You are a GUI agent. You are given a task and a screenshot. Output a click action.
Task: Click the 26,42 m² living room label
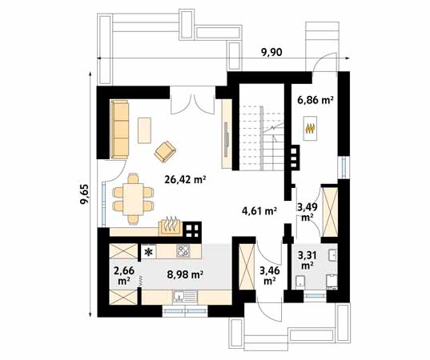pos(186,180)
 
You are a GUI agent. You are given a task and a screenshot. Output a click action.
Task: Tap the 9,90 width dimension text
pos(271,52)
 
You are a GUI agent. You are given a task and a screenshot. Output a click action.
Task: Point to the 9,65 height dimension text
pos(85,194)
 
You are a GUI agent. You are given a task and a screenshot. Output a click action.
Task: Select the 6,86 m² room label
pos(315,100)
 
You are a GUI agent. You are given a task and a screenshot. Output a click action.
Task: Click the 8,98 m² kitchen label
pos(185,274)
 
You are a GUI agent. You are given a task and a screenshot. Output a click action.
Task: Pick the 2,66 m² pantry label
pos(124,275)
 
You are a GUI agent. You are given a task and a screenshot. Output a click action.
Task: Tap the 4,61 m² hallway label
pos(259,211)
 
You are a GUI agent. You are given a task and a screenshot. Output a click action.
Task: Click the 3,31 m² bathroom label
pos(307,260)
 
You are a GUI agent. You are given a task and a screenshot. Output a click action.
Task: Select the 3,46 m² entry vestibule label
pos(270,276)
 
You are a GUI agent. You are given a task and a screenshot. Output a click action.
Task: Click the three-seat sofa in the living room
pos(119,130)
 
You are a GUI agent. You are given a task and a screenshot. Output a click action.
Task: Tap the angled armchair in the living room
pos(165,151)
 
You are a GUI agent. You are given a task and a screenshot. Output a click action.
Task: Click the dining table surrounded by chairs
pos(133,199)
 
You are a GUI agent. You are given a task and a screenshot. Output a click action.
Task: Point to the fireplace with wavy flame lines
pos(171,226)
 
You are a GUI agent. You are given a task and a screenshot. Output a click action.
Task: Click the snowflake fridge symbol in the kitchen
pos(149,251)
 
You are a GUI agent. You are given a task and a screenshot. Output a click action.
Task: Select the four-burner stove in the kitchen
pos(183,250)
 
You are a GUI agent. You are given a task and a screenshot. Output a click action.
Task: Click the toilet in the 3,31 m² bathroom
pos(300,282)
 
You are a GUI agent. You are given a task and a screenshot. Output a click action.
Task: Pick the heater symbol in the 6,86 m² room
pos(310,129)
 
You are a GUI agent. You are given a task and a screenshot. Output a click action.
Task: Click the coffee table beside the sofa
pos(144,130)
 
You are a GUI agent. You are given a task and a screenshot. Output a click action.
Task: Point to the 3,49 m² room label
pos(307,212)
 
